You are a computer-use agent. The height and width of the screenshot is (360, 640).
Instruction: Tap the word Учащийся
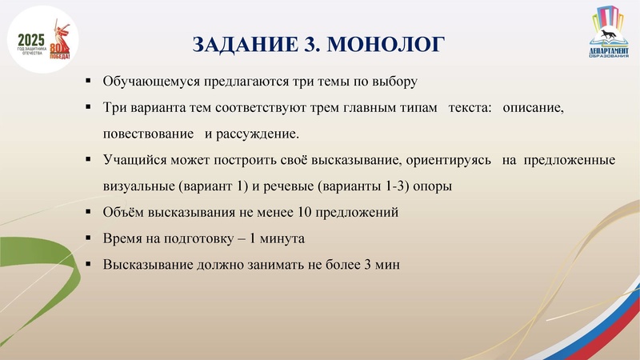click(131, 160)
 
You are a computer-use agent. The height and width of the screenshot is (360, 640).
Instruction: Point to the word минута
click(283, 238)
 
